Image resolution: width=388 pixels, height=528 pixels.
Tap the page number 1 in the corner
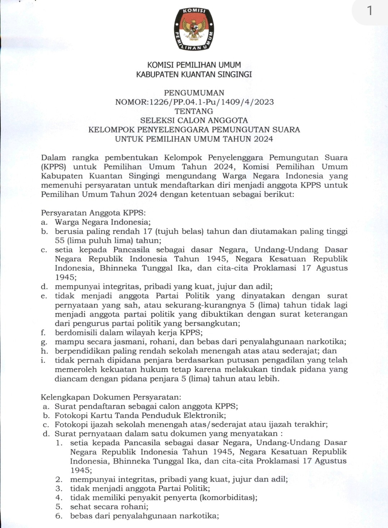tap(370, 11)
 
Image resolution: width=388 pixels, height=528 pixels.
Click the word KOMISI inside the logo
tap(194, 10)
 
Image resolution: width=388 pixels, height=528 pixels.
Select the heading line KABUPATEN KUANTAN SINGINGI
tap(194, 74)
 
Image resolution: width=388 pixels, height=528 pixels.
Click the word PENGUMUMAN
tap(194, 93)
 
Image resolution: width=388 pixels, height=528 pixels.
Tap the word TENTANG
tap(194, 111)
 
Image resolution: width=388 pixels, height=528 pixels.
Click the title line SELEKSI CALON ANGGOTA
tap(194, 121)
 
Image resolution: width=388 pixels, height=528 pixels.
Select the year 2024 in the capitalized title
tap(263, 139)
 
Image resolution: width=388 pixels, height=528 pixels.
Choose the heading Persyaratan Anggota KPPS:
tap(93, 213)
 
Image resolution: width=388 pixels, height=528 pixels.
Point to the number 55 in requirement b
tap(60, 240)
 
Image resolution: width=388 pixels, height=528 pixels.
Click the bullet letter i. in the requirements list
tap(43, 360)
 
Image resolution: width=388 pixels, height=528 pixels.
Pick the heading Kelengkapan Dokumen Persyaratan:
tap(111, 397)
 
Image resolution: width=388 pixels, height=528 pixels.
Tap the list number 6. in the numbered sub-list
tap(59, 516)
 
